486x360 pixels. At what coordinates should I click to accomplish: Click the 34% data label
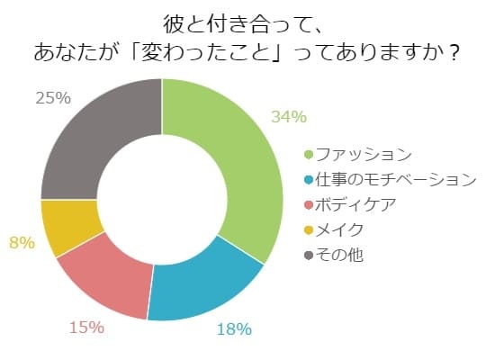[x=289, y=117]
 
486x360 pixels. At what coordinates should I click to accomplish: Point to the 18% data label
[x=234, y=329]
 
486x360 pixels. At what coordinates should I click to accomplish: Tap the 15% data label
[x=86, y=328]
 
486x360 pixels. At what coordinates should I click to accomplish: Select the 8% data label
[x=22, y=242]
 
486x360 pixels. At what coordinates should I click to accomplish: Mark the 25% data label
[x=53, y=98]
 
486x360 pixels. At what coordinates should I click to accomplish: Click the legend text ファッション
[x=364, y=155]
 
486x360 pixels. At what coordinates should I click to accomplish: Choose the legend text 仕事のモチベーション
[x=396, y=180]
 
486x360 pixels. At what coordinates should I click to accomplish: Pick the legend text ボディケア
[x=355, y=205]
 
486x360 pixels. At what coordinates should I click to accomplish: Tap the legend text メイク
[x=339, y=230]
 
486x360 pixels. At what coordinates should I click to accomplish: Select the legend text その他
[x=339, y=256]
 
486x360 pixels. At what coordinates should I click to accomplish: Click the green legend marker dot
[x=309, y=155]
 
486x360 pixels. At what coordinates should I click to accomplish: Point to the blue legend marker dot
[x=309, y=180]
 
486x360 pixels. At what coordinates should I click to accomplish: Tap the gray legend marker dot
[x=309, y=256]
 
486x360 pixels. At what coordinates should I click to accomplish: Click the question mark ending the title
[x=454, y=53]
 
